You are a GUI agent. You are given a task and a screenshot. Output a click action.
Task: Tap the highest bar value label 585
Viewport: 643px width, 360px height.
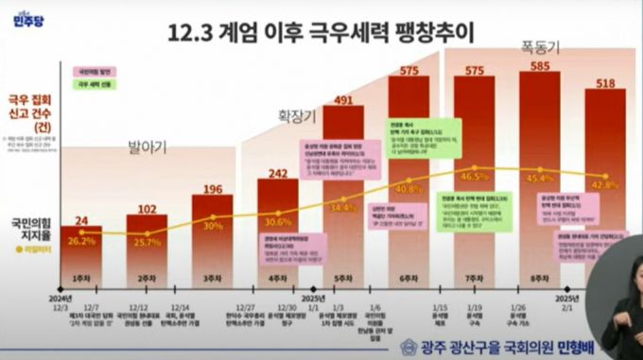point(543,66)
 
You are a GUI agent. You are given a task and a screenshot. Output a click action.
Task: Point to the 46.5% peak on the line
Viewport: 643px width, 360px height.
point(475,177)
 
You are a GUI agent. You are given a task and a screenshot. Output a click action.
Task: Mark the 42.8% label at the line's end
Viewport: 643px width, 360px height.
point(617,183)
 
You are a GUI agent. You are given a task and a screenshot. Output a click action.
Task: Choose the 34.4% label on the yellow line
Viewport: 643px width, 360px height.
point(342,207)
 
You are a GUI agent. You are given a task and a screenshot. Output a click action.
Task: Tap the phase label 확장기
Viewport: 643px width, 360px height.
point(294,115)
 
